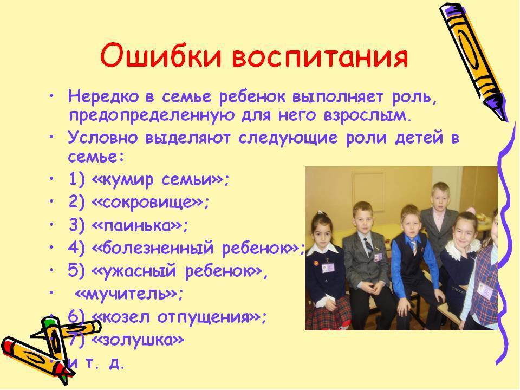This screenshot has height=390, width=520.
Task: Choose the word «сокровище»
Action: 148,203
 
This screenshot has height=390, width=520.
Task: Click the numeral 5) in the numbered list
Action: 75,271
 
